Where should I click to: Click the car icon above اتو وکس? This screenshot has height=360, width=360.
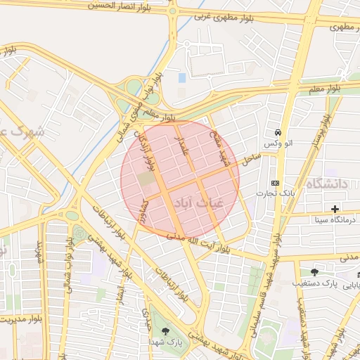coord(279,132)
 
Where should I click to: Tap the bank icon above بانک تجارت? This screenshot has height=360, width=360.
coord(275,182)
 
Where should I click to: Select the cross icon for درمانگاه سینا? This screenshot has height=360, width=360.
coord(335,209)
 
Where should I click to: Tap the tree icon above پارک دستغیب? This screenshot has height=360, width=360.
coord(314,272)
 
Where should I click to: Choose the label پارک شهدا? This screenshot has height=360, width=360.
coord(166,342)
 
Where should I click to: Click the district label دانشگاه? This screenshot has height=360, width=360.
coord(326,184)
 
